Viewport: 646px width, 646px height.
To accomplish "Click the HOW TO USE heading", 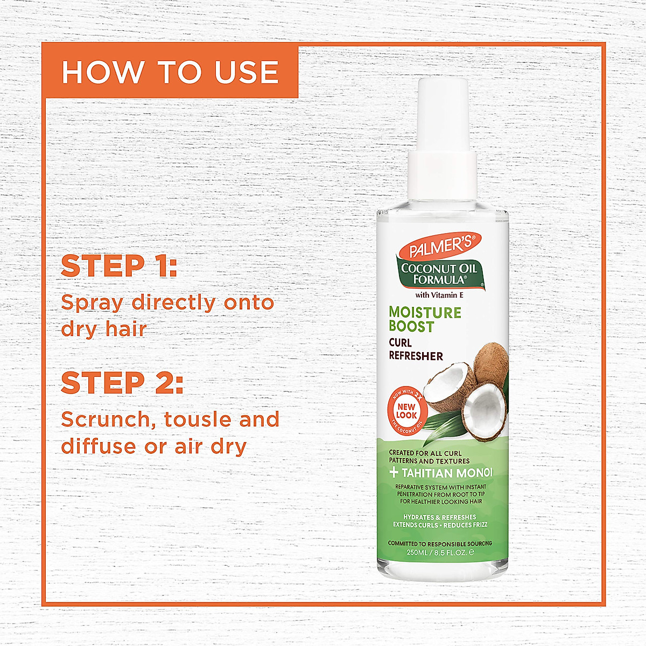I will tap(170, 72).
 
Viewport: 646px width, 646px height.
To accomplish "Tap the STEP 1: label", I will tap(119, 266).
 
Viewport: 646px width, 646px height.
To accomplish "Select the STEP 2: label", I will tap(122, 383).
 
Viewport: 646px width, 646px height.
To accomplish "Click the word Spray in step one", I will tap(92, 303).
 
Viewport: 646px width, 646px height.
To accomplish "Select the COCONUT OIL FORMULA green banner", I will tap(439, 274).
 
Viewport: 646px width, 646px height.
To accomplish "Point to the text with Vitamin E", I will tap(439, 295).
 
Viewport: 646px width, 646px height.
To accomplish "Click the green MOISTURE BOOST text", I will tap(425, 319).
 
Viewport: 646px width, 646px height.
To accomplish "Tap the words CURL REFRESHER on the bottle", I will tap(416, 349).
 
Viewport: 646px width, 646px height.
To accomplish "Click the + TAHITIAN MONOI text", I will tap(441, 473).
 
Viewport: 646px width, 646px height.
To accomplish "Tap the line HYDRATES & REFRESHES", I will tap(440, 517).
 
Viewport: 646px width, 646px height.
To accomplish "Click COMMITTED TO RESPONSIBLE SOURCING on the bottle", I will tap(440, 544).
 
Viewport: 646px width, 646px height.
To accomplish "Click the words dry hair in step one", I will tap(104, 329).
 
